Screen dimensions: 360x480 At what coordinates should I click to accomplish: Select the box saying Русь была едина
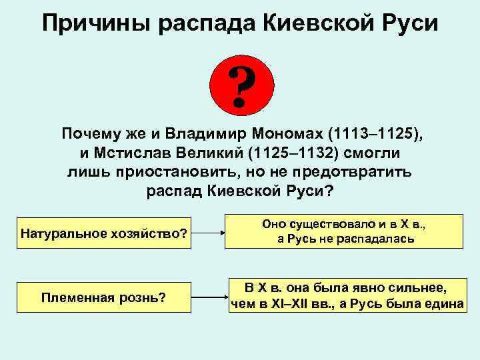(346, 295)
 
